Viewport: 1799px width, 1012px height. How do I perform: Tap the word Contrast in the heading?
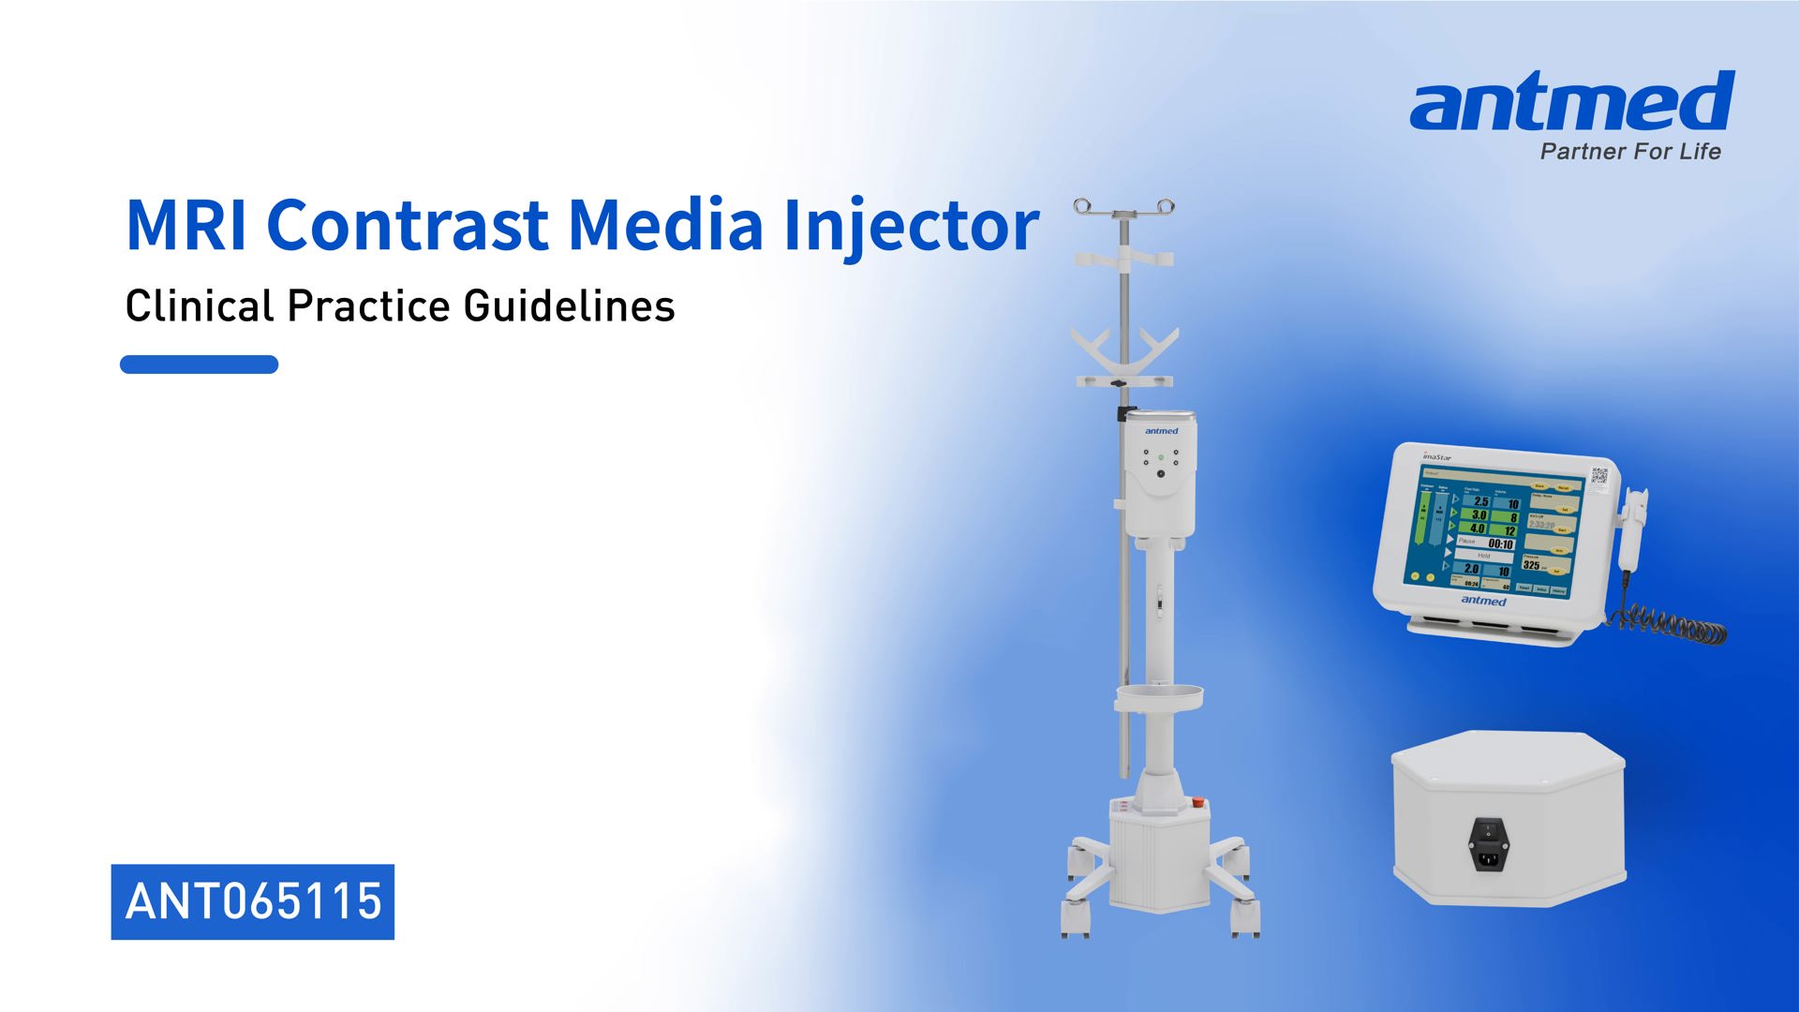tap(408, 225)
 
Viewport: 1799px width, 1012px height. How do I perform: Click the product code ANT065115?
tap(253, 901)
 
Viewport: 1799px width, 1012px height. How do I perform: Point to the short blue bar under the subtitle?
tap(199, 365)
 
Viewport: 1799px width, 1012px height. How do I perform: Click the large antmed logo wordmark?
tap(1571, 103)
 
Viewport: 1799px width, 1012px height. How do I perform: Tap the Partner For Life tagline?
tap(1630, 152)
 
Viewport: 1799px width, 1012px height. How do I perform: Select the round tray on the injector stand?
tap(1159, 697)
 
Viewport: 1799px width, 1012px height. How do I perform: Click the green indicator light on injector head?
tap(1161, 457)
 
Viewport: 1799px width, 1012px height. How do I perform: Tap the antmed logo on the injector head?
tap(1161, 431)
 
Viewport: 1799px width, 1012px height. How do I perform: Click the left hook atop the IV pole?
tap(1083, 206)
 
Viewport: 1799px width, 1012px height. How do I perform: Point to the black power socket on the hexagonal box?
tap(1489, 843)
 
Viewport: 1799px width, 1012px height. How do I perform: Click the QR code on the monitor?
tap(1598, 476)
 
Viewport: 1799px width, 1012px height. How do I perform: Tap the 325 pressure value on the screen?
tap(1531, 565)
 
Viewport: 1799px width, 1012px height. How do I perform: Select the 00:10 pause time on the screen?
tap(1500, 543)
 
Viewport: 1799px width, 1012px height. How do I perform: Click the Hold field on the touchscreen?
tap(1484, 556)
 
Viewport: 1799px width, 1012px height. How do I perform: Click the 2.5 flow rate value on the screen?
tap(1481, 501)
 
